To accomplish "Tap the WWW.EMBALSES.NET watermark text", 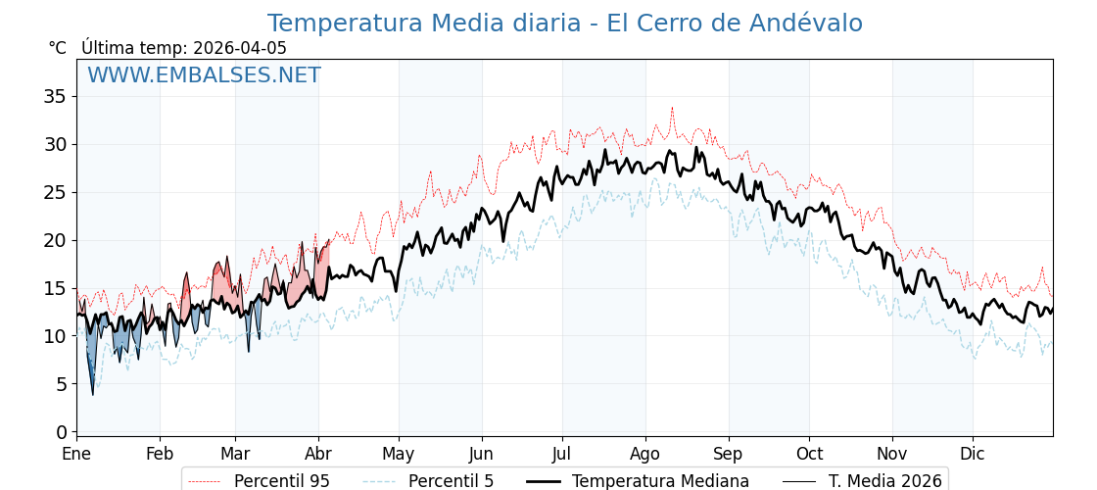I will pos(204,75).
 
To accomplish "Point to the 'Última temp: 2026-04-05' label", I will pos(184,48).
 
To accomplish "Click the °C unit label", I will pos(58,48).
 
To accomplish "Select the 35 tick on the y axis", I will pos(55,96).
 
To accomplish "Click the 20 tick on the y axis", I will pos(55,240).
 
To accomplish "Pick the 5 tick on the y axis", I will pos(61,384).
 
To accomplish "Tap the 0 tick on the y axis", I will pos(61,432).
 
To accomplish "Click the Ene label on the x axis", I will pos(76,455).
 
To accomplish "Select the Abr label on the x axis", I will pos(318,455).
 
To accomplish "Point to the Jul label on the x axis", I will pos(562,455).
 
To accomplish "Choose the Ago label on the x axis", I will pos(645,455).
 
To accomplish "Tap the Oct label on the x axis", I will pos(809,455).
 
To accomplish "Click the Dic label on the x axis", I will pos(973,455).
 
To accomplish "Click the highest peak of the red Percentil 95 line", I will pos(672,108).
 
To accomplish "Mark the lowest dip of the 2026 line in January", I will pos(93,394).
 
